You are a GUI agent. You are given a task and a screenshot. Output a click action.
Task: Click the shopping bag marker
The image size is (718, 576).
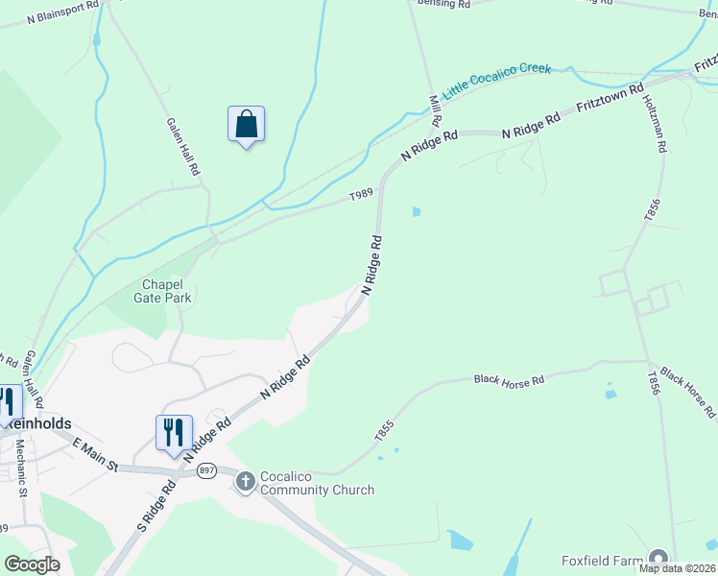(x=246, y=125)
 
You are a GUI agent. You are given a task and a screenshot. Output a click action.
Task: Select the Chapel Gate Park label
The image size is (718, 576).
(x=167, y=291)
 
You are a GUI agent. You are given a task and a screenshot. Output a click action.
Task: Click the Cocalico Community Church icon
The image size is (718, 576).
(x=246, y=480)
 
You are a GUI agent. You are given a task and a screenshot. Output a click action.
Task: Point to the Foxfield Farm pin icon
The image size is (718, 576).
(x=658, y=559)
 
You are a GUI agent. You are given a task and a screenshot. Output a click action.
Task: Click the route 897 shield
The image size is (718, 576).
(x=206, y=470)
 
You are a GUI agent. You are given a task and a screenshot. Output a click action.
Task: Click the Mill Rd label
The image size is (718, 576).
(x=435, y=110)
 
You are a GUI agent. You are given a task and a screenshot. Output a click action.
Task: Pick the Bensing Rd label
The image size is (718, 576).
(x=443, y=5)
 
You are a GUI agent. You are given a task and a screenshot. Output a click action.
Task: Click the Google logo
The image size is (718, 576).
(x=32, y=564)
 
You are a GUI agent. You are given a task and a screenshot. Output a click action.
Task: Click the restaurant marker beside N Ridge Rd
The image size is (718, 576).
(x=174, y=433)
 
